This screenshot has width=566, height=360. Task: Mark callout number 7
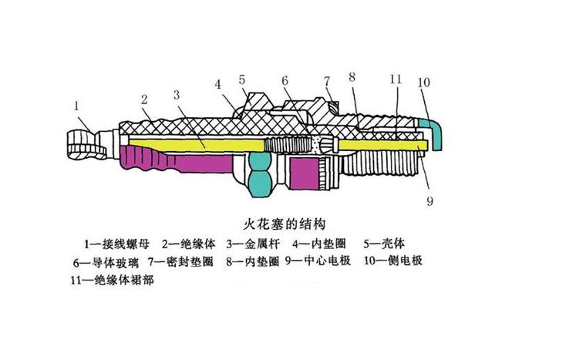pos(327,81)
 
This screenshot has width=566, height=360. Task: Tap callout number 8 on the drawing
pos(352,76)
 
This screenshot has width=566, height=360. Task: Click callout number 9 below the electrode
pos(430,202)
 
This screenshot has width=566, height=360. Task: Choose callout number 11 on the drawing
pos(396,79)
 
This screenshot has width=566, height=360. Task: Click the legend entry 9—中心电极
pos(318,261)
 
